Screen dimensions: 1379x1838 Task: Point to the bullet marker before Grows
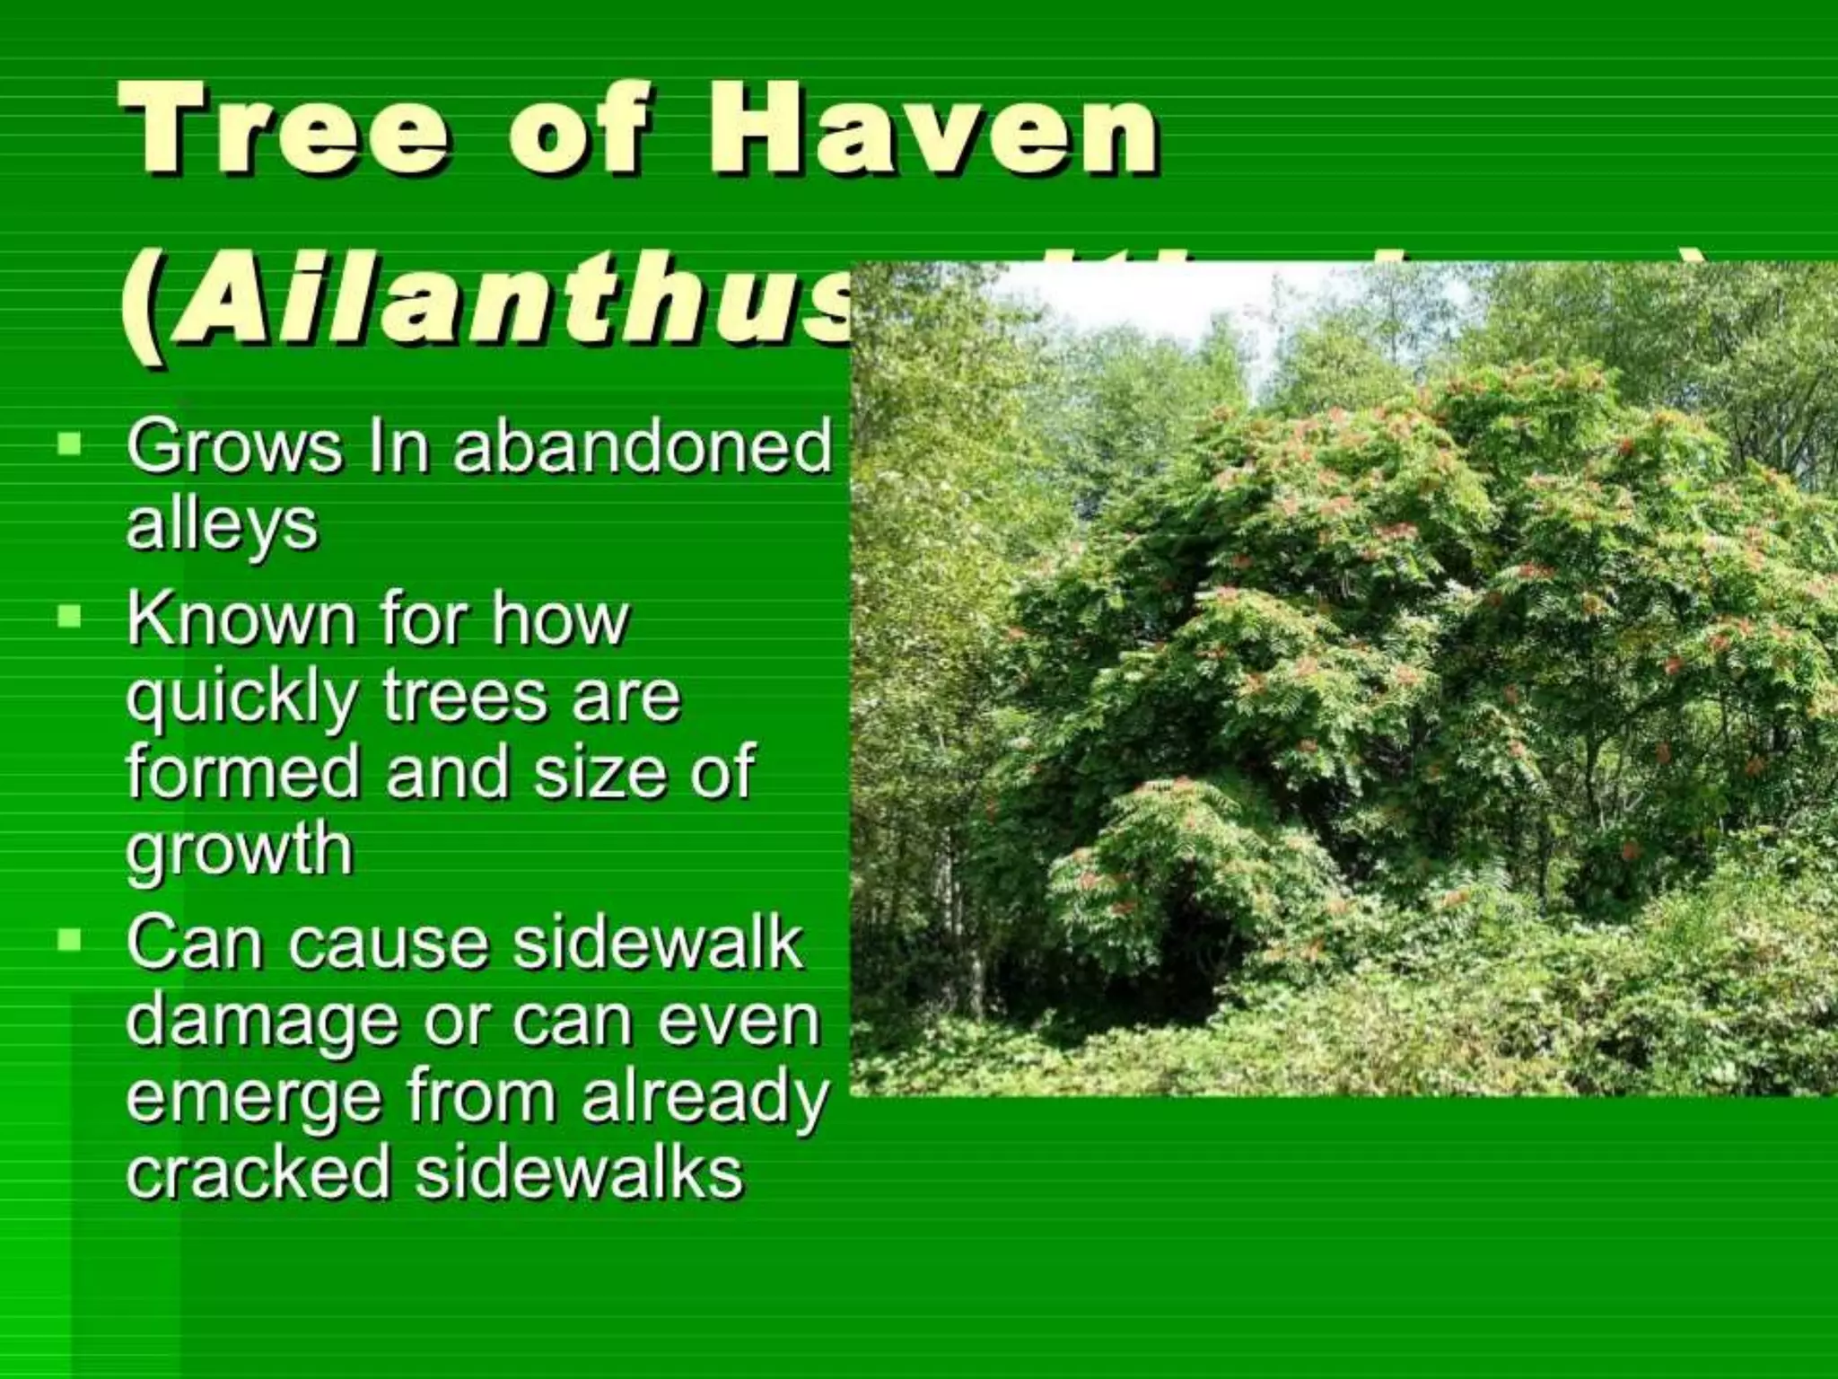pyautogui.click(x=68, y=444)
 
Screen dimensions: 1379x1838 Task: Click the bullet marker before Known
pyautogui.click(x=68, y=616)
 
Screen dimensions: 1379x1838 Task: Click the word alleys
pyautogui.click(x=223, y=524)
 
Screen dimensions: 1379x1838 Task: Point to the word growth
pyautogui.click(x=240, y=849)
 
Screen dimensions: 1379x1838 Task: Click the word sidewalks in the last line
pyautogui.click(x=580, y=1173)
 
